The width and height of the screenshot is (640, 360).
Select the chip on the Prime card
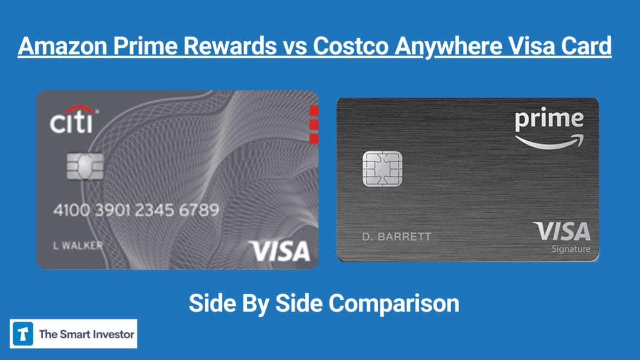tap(382, 169)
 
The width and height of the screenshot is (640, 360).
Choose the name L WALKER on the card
tap(78, 246)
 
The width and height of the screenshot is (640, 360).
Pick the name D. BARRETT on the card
tap(396, 236)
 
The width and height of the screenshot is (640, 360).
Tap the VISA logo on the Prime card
tap(562, 231)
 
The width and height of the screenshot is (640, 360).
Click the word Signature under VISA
tap(571, 249)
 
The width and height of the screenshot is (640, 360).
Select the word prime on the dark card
tap(549, 120)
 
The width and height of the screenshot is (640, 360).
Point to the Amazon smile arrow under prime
tap(549, 141)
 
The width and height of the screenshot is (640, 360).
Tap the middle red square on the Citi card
tap(314, 125)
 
